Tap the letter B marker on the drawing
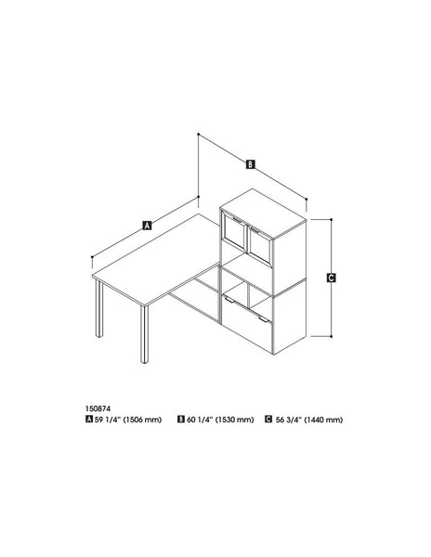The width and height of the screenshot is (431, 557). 251,165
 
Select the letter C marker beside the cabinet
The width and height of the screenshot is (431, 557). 332,277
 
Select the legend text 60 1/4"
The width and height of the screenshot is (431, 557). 200,419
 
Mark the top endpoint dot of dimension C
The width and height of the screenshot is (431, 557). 332,220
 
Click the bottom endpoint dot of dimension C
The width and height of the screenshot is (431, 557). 332,334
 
